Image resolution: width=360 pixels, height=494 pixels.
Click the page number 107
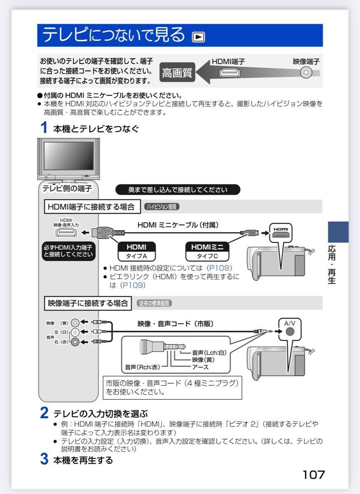coord(314,475)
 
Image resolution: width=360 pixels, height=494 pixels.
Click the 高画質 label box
coord(177,73)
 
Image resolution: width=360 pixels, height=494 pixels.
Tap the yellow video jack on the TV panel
coord(75,323)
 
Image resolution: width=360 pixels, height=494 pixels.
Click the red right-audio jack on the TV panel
coord(75,342)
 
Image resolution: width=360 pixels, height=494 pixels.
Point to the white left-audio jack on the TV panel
coord(75,332)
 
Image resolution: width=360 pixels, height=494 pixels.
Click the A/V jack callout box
coord(290,328)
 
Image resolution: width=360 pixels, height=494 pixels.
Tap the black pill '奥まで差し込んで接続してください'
coord(178,190)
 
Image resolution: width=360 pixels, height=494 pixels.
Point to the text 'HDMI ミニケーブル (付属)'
coord(178,225)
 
